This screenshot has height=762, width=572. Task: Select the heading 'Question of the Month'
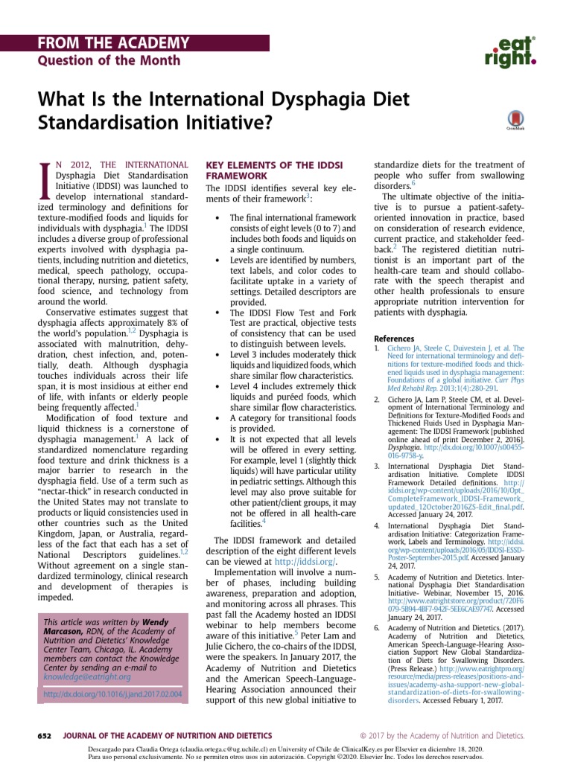[109, 60]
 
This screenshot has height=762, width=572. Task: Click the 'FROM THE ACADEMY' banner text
[114, 43]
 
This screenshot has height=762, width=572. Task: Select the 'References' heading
[394, 339]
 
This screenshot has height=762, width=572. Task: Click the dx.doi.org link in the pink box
[113, 694]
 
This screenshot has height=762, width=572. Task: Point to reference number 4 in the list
[377, 526]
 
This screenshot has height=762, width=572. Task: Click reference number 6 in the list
[377, 628]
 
